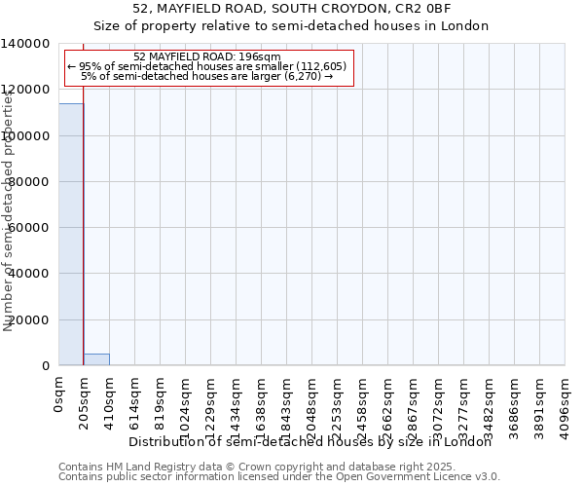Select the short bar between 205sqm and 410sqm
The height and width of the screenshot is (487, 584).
pyautogui.click(x=96, y=359)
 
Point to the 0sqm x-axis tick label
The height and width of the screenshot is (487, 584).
pyautogui.click(x=59, y=396)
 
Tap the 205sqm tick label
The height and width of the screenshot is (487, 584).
pyautogui.click(x=85, y=402)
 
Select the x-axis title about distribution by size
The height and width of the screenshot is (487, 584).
pyautogui.click(x=310, y=442)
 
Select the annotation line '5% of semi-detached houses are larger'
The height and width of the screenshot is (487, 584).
pyautogui.click(x=207, y=76)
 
